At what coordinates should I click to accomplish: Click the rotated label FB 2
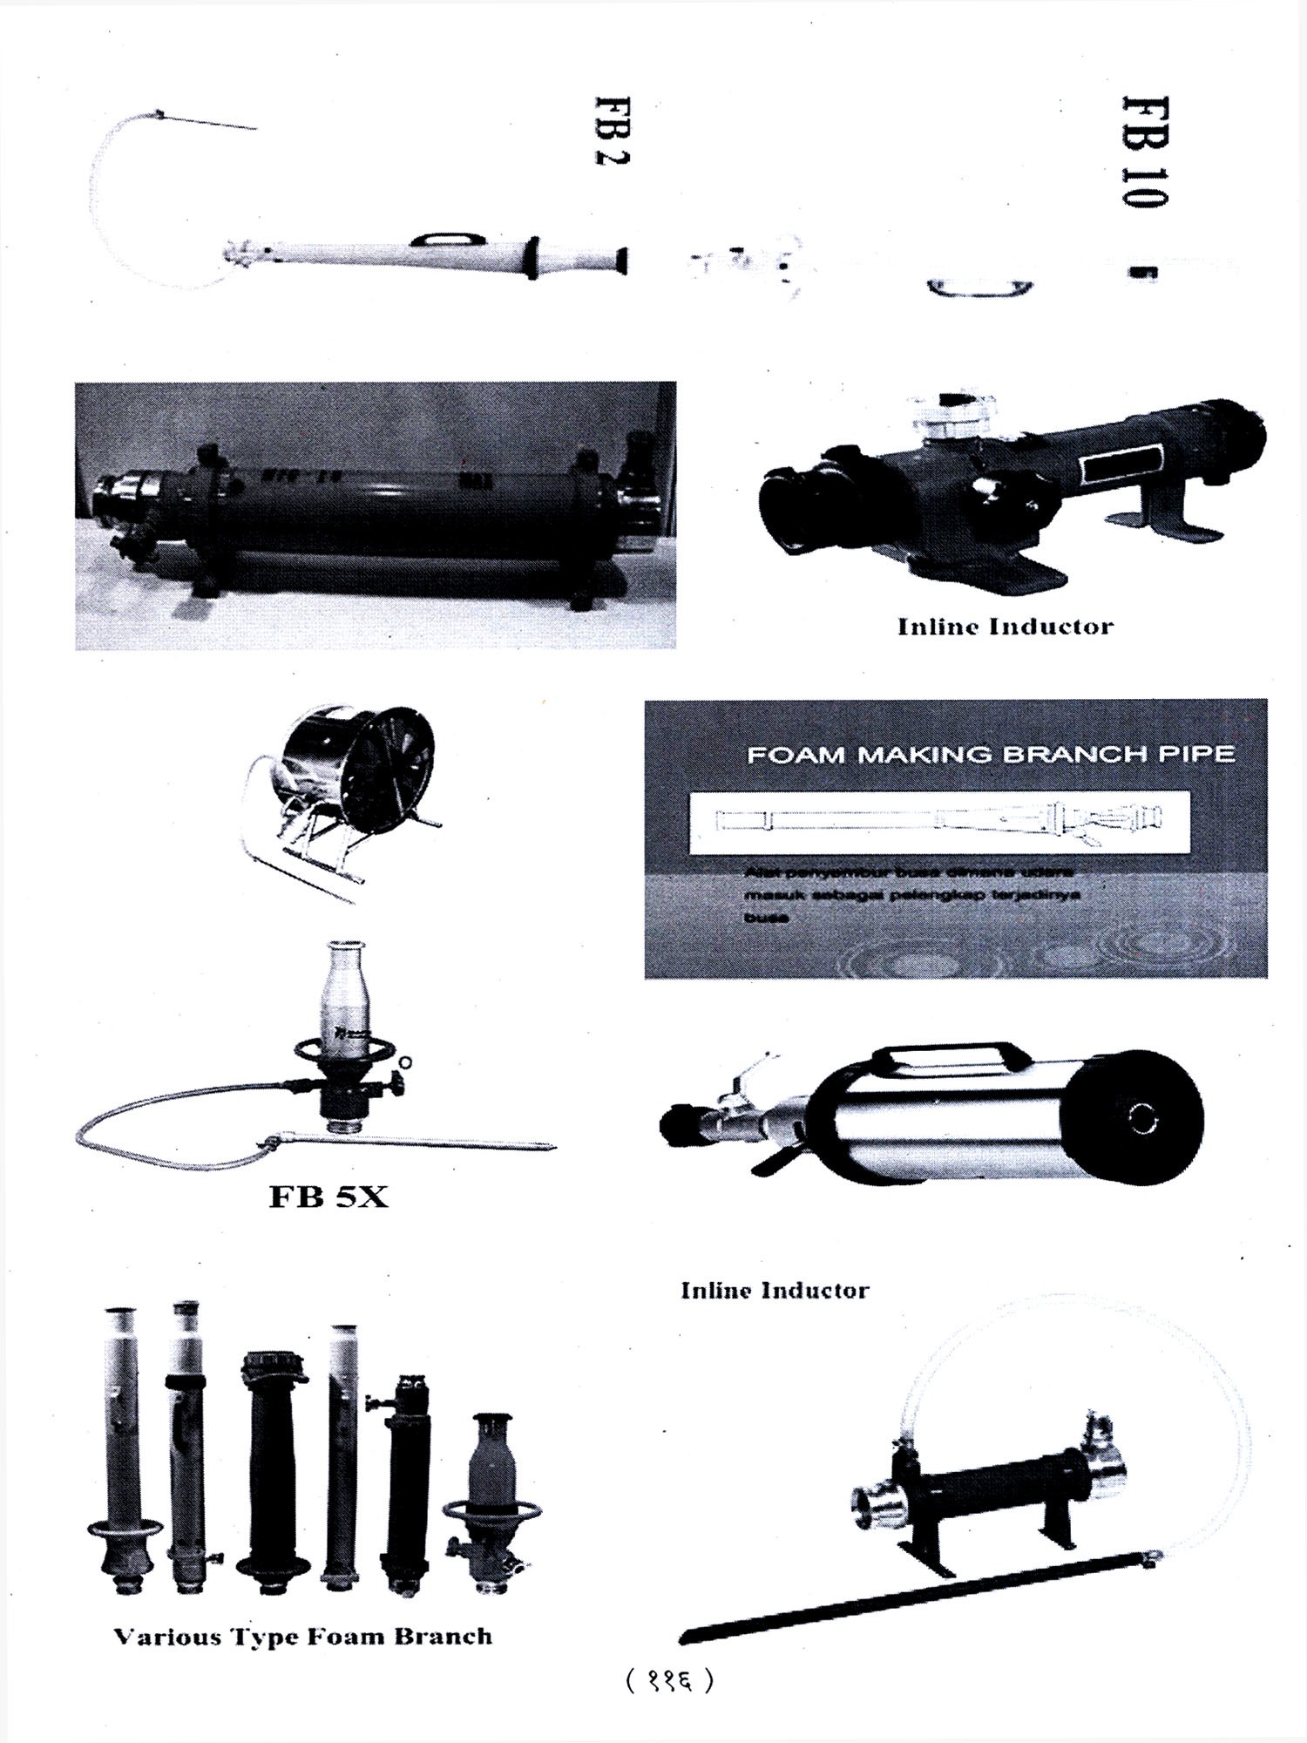coord(612,130)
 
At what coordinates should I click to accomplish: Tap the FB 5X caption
coord(328,1197)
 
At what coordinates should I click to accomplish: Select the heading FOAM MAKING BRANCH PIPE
coord(991,754)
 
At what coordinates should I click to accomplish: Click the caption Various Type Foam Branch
coord(302,1636)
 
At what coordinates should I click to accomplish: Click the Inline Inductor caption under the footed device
coord(1006,627)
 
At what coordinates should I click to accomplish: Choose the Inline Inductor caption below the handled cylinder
coord(775,1290)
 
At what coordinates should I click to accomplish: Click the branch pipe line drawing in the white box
coord(938,821)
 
